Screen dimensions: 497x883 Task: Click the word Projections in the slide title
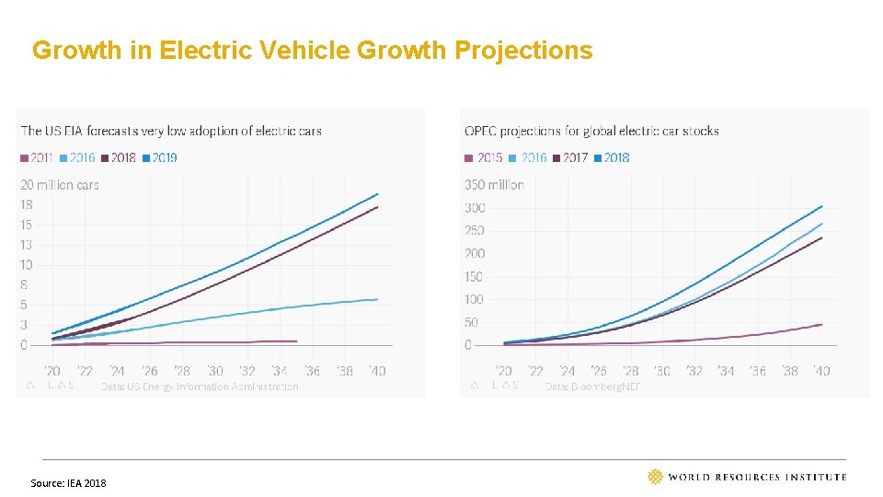(x=524, y=50)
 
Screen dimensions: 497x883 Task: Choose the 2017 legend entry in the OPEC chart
(x=569, y=157)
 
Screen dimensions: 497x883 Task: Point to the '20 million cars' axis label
(x=60, y=185)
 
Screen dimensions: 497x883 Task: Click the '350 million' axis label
(x=494, y=185)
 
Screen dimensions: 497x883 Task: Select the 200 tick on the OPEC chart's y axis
(x=474, y=253)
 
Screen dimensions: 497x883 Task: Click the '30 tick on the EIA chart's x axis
(x=214, y=371)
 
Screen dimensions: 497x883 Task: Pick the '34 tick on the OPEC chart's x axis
(x=726, y=371)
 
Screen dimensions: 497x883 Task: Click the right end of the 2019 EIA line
(x=378, y=194)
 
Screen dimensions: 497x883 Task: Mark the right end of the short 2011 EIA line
(x=296, y=341)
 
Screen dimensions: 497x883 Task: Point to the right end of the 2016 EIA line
(x=378, y=299)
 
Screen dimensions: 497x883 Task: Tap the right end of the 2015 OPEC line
(x=821, y=324)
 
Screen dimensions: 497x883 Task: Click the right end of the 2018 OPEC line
(x=821, y=206)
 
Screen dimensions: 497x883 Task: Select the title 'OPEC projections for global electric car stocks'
(x=591, y=131)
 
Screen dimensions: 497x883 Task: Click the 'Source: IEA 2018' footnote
(x=68, y=483)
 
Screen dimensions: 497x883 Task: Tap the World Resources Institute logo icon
(x=655, y=476)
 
